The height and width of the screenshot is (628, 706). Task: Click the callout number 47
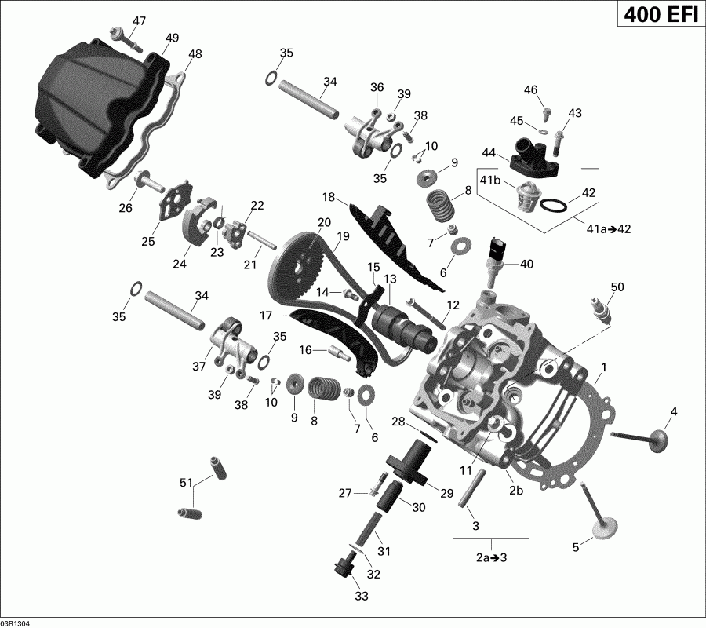[x=139, y=20]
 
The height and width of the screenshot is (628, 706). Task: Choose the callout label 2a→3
[x=492, y=558]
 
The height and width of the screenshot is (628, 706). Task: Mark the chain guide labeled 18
[x=388, y=236]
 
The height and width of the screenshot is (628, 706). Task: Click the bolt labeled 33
[x=342, y=567]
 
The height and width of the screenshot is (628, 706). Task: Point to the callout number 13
[x=390, y=279]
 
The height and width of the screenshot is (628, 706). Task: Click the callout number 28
[x=398, y=422]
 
